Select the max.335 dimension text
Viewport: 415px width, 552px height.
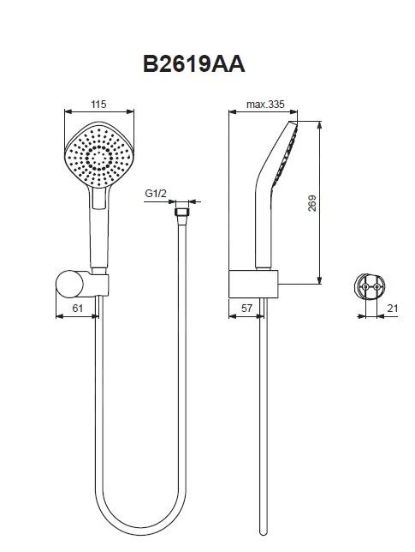[264, 105]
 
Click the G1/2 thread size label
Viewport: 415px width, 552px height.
[154, 195]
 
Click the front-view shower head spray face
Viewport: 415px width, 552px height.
[100, 153]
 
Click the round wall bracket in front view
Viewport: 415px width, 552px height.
[69, 282]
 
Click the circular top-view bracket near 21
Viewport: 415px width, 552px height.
[368, 285]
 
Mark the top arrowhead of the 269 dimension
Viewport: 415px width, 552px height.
[319, 122]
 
